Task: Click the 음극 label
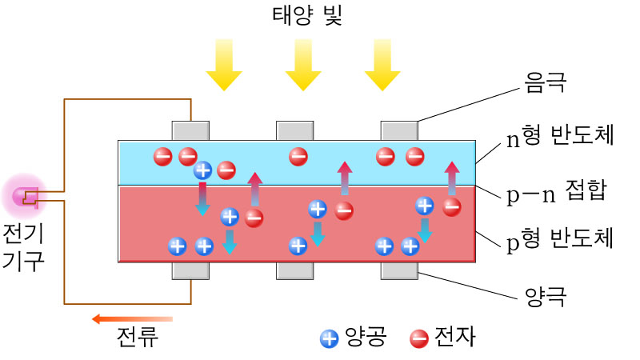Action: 545,82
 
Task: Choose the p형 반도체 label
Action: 560,238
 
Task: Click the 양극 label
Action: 545,298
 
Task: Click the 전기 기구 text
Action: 25,247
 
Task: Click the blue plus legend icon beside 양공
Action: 329,338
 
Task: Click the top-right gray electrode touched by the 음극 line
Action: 398,130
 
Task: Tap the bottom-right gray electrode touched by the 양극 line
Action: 398,271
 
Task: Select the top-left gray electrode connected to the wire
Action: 190,130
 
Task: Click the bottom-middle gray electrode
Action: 294,271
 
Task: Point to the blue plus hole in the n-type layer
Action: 203,170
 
